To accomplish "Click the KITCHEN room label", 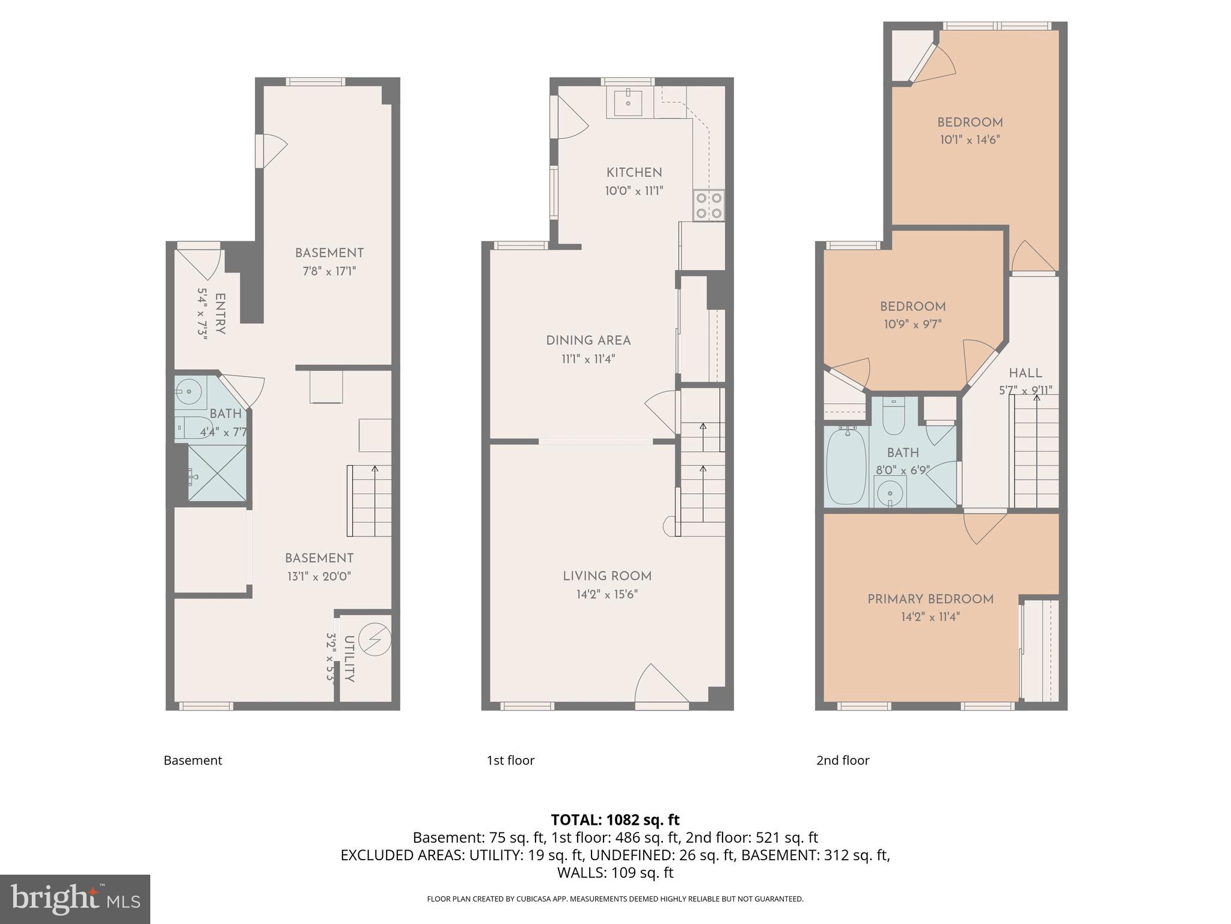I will tap(634, 173).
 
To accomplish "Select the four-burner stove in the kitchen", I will tap(709, 205).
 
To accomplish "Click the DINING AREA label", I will tap(588, 340).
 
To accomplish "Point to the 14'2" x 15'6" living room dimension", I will tap(606, 594).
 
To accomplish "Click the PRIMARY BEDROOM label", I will tap(930, 599).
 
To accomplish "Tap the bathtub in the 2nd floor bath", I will tap(846, 466).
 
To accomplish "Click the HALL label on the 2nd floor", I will tap(1025, 373).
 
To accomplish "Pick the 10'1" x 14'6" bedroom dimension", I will tap(970, 140).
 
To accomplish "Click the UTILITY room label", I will tap(349, 658).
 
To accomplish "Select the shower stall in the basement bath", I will tap(217, 473).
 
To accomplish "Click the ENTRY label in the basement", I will tap(219, 313).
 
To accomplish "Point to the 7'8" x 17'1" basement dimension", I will tap(329, 271).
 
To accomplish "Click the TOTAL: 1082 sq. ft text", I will tap(615, 819).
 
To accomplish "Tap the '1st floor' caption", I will tap(510, 760).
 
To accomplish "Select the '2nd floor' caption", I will tap(842, 760).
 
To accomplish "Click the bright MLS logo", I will tap(75, 899).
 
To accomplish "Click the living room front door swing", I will tap(659, 686).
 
